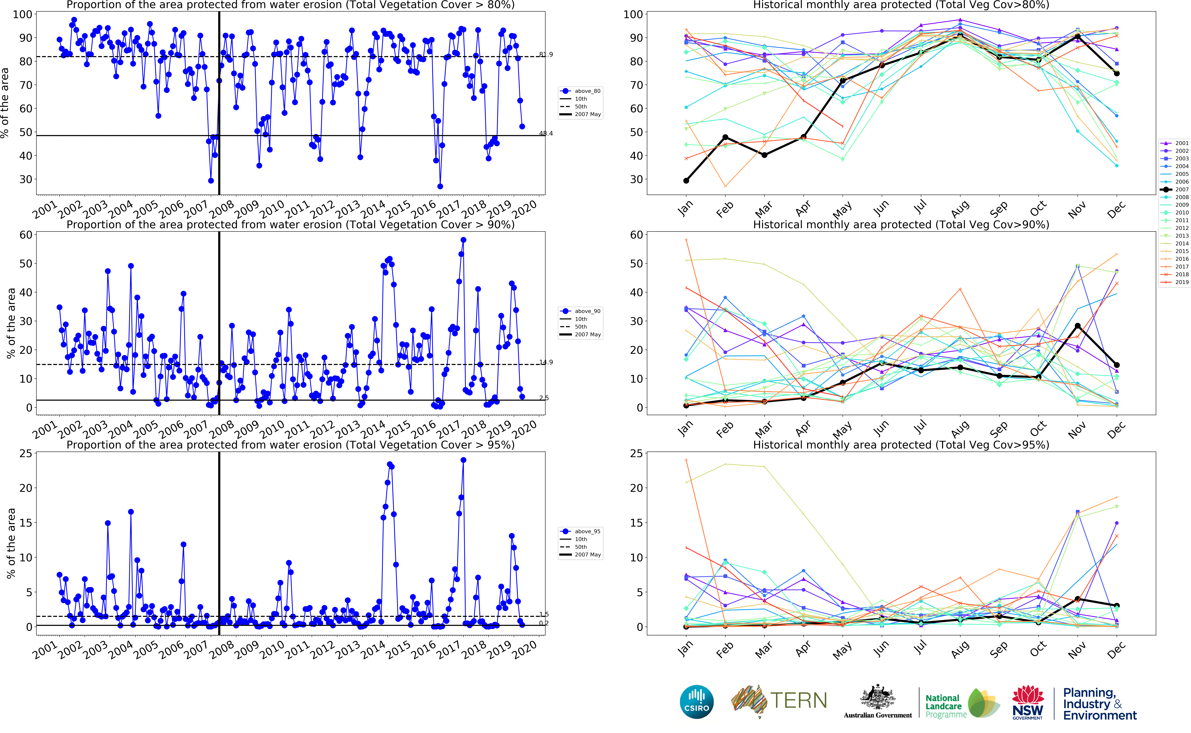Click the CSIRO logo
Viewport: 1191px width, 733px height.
pyautogui.click(x=697, y=702)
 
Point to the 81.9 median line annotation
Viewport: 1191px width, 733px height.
pyautogui.click(x=546, y=54)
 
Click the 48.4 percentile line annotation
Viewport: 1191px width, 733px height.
pyautogui.click(x=546, y=133)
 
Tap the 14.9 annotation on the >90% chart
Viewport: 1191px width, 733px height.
pyautogui.click(x=546, y=362)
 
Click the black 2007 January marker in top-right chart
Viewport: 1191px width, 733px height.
pyautogui.click(x=686, y=181)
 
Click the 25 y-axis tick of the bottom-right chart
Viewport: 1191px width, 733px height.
pyautogui.click(x=636, y=454)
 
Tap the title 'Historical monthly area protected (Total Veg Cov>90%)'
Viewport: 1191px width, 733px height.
pyautogui.click(x=901, y=224)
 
